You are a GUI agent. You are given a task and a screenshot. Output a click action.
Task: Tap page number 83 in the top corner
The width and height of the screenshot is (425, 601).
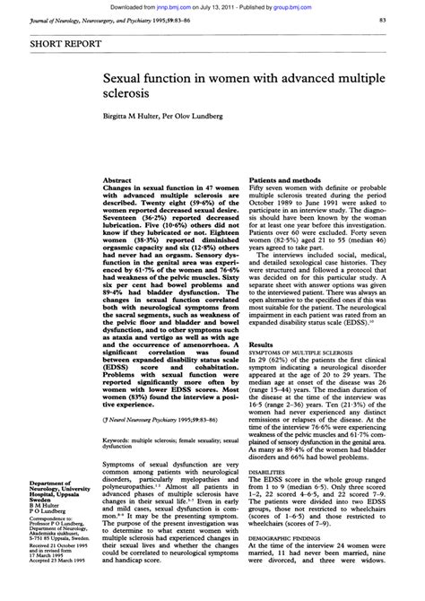pyautogui.click(x=408, y=19)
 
